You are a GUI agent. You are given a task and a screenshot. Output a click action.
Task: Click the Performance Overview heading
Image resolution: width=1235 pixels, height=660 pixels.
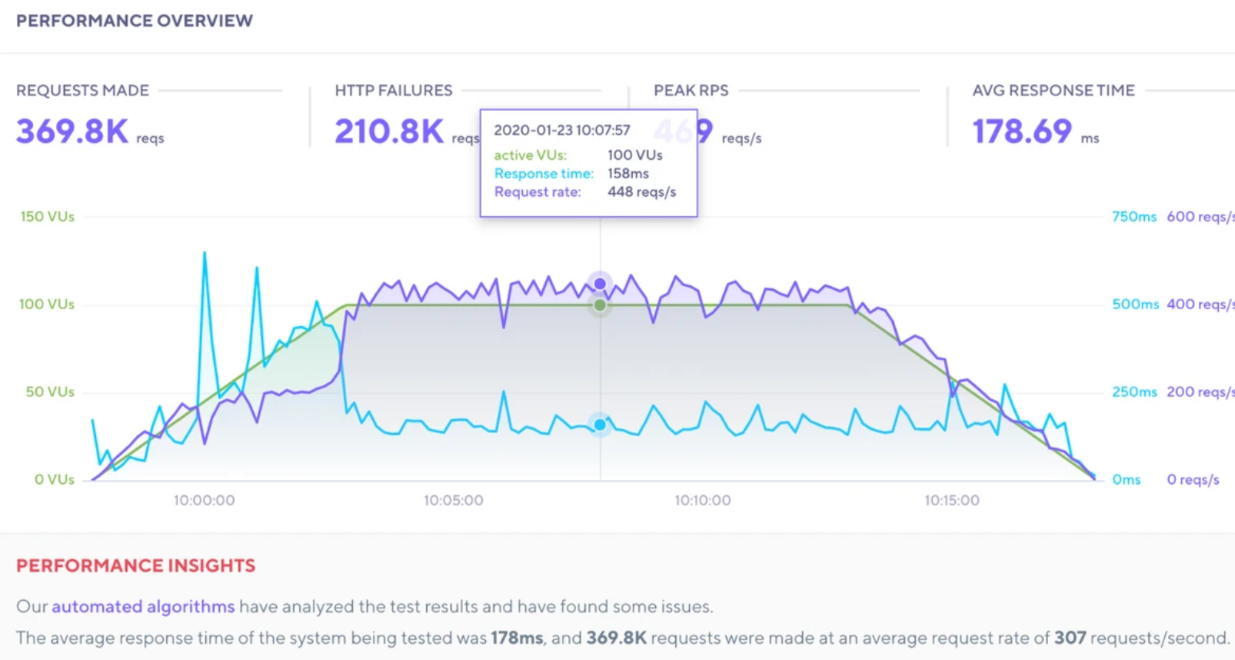click(135, 21)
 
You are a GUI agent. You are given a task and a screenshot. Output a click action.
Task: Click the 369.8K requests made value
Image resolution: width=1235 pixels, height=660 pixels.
click(72, 132)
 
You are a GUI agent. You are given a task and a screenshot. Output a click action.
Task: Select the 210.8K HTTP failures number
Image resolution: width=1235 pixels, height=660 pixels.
click(389, 132)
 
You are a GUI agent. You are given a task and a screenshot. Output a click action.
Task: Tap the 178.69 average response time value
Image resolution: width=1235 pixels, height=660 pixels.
click(1022, 132)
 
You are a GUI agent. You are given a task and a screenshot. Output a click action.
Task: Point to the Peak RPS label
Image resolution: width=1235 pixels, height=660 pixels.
click(691, 91)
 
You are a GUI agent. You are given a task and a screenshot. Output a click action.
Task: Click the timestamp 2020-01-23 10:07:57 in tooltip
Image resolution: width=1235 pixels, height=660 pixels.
click(561, 130)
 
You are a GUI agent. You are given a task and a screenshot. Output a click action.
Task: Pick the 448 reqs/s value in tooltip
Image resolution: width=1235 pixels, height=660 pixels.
click(641, 192)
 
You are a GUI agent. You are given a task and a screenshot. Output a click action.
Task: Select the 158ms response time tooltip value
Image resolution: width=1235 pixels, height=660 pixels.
click(627, 174)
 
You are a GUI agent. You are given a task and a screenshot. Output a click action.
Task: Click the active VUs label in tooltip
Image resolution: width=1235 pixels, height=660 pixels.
click(530, 155)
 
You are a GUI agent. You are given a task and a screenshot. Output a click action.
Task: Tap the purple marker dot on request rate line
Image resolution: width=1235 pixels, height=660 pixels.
click(600, 283)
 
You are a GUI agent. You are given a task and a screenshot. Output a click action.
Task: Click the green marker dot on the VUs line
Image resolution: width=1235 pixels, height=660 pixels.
click(600, 305)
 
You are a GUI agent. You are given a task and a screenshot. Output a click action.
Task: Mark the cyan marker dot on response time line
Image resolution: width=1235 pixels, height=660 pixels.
click(600, 425)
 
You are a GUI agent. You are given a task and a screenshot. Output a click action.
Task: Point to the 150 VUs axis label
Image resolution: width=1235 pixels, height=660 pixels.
click(48, 217)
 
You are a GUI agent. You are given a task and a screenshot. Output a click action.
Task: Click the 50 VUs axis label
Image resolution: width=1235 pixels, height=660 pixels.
click(50, 392)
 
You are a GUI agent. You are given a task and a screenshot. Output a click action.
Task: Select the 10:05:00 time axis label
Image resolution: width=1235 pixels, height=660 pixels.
click(453, 501)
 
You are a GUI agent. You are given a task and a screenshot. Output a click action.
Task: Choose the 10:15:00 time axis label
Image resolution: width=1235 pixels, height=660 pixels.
click(951, 501)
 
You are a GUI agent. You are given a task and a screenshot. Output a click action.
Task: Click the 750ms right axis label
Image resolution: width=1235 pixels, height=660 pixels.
click(1133, 217)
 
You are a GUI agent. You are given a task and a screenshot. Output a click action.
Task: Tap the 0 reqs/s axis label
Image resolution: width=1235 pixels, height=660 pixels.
click(1193, 480)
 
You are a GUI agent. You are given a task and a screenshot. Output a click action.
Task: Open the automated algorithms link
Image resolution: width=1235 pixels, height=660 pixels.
click(143, 607)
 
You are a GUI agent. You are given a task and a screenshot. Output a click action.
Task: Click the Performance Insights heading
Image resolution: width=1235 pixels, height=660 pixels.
click(135, 566)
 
